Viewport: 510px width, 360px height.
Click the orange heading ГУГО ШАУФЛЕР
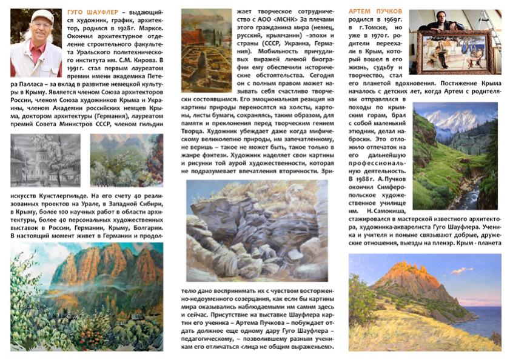93,12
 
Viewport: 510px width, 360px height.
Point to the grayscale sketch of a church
45,160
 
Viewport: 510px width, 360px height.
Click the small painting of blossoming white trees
126,160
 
